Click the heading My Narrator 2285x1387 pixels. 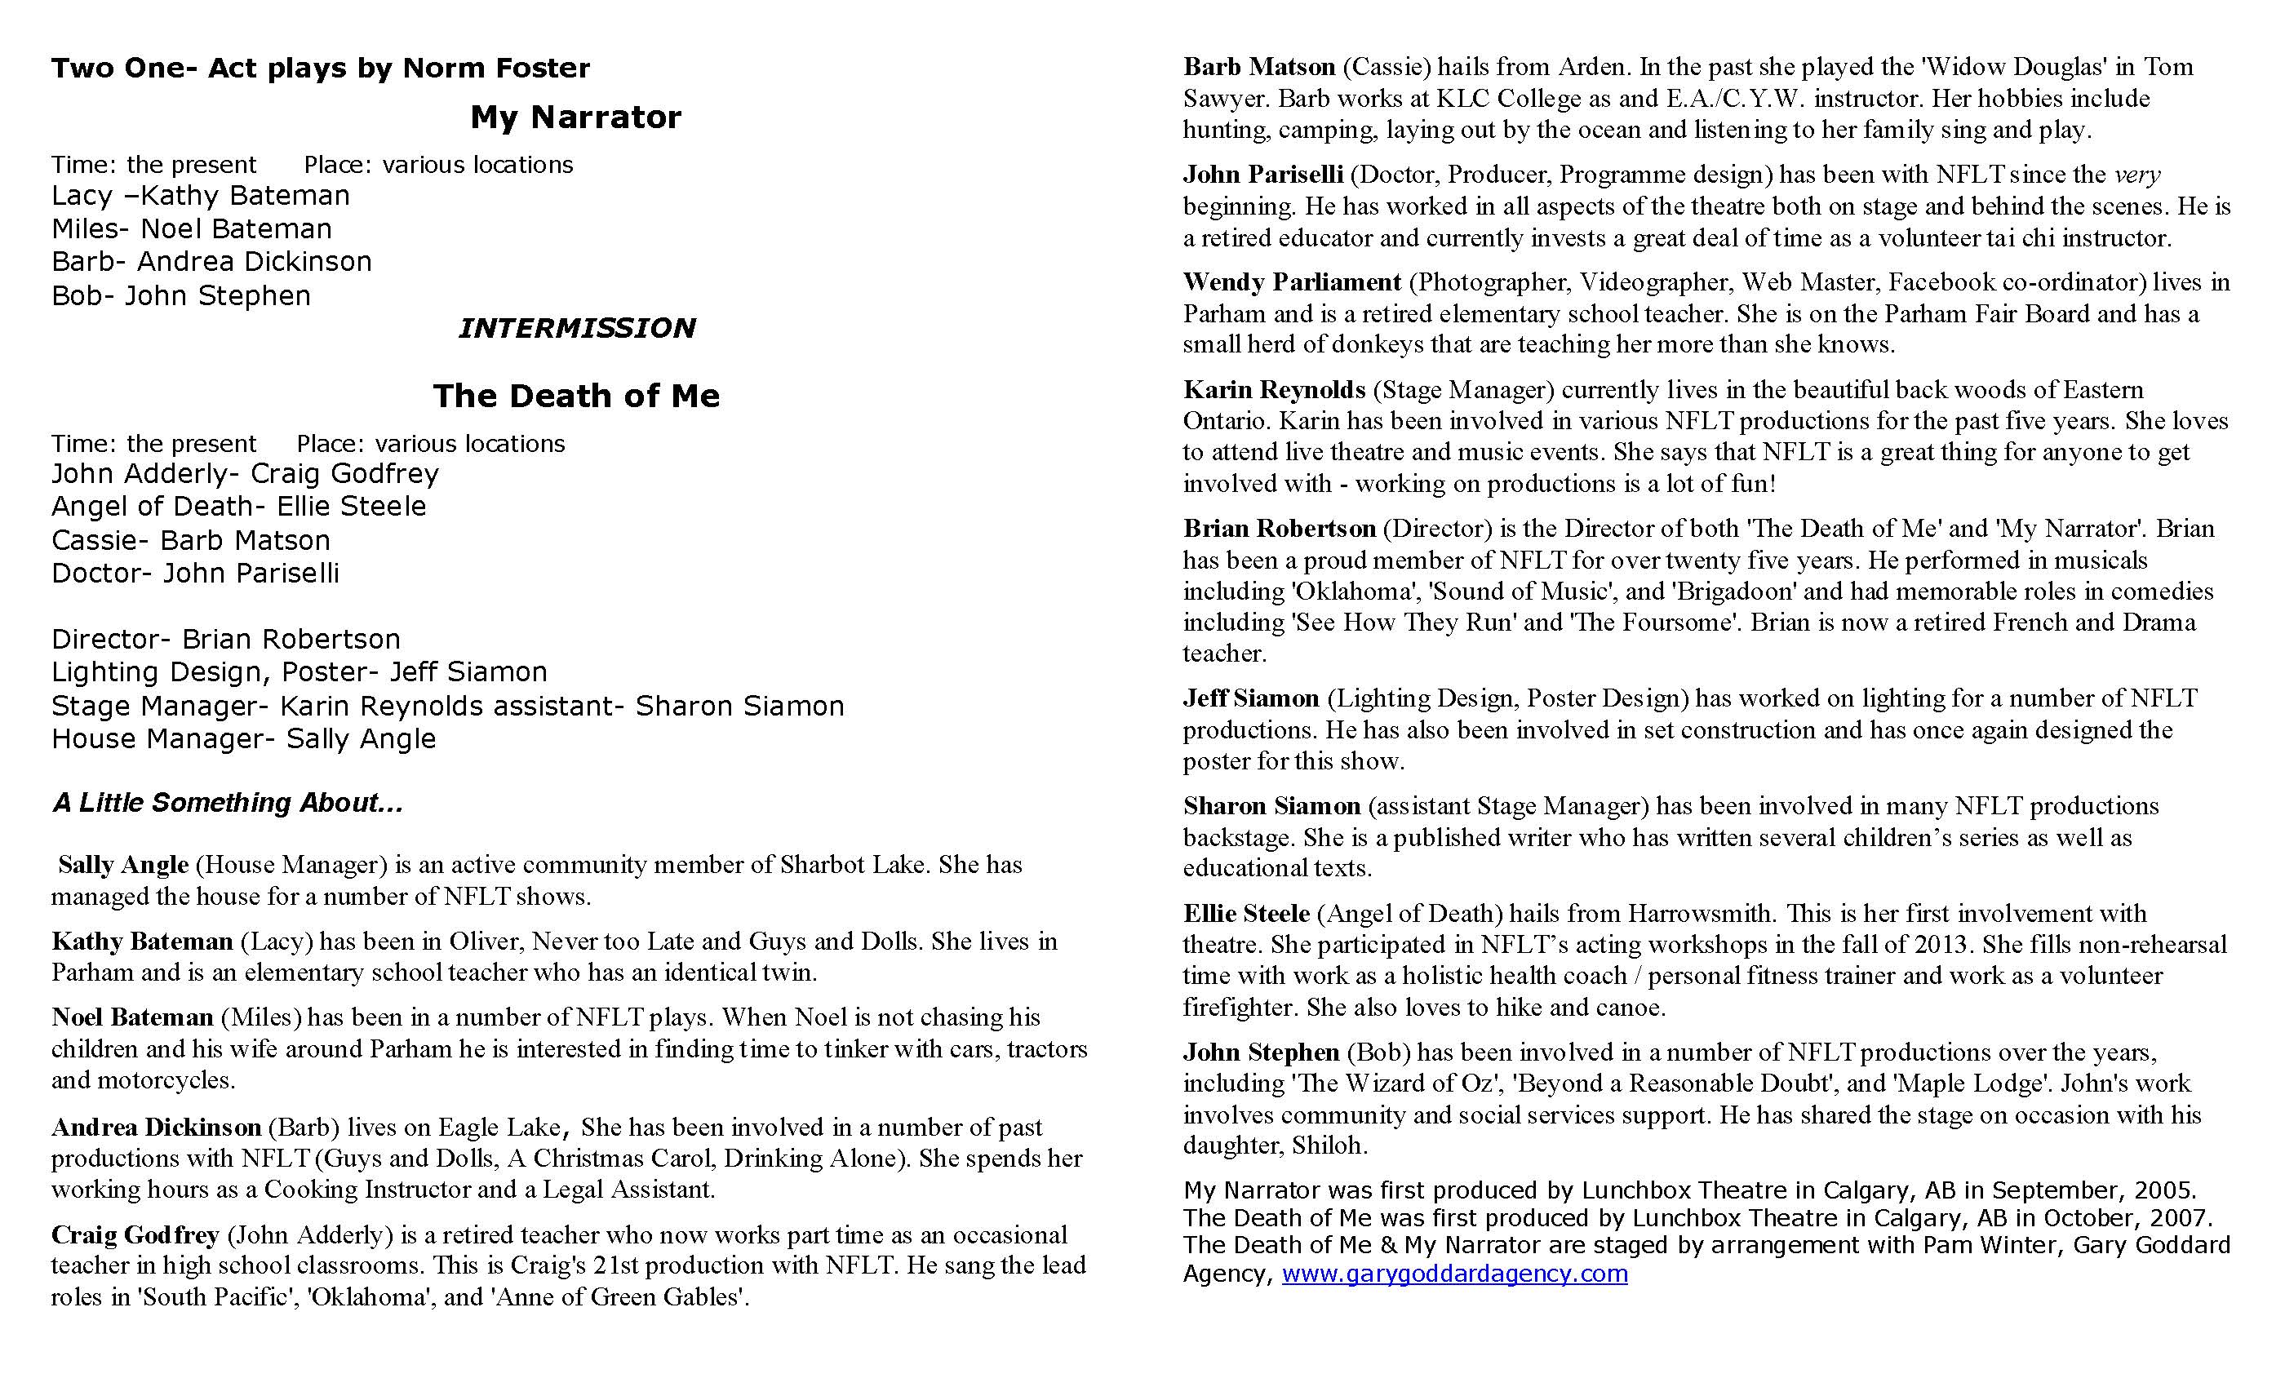[575, 117]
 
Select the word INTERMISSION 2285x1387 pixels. [576, 328]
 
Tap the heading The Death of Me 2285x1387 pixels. [575, 396]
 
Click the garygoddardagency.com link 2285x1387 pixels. [1454, 1273]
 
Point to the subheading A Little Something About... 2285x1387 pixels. [227, 803]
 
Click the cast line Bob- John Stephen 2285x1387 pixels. [181, 295]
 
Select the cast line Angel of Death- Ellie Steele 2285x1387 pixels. [238, 506]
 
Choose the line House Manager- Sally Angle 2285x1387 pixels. [243, 739]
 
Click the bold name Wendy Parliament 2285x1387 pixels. [1291, 281]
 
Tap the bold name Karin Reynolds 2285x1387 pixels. [1273, 389]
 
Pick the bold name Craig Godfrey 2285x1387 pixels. [135, 1235]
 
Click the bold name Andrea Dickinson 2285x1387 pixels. [156, 1128]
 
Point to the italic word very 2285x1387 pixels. [2136, 175]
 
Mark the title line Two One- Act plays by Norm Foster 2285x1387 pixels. [320, 68]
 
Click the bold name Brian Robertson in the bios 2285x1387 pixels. [1279, 529]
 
